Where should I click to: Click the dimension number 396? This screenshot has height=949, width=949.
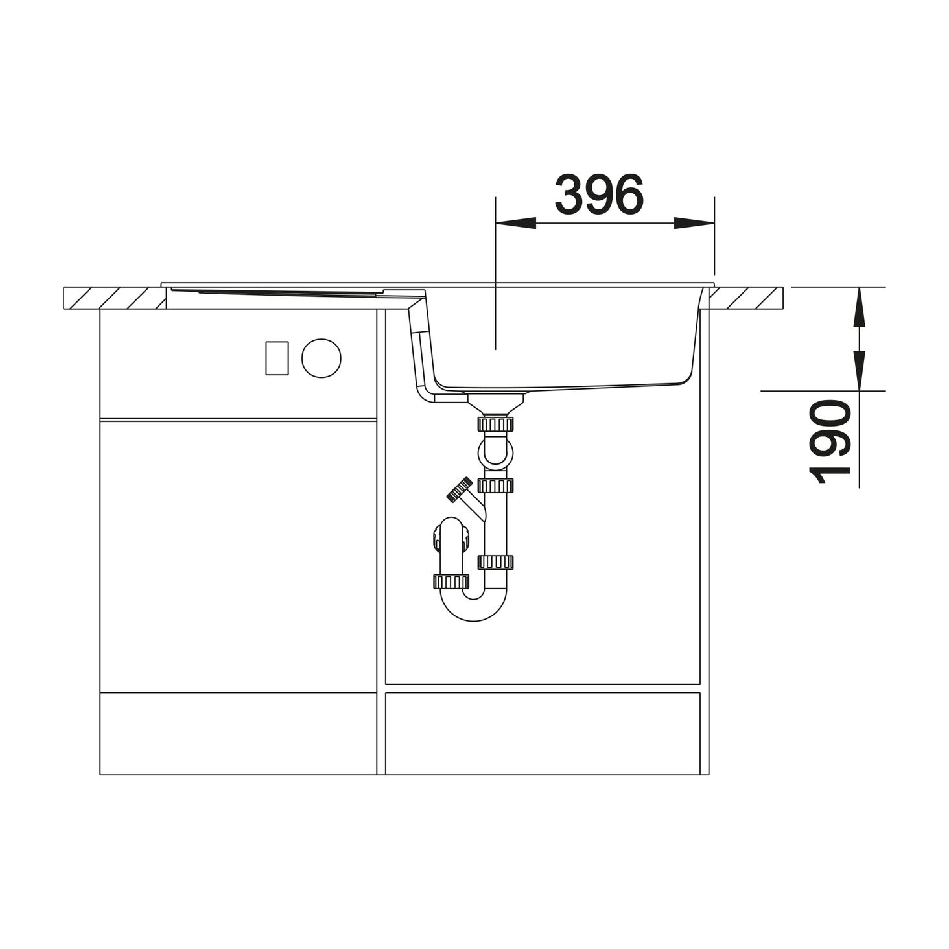(x=599, y=194)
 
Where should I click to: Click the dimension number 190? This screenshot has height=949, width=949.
(x=830, y=441)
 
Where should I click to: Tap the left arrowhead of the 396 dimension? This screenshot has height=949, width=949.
(x=515, y=223)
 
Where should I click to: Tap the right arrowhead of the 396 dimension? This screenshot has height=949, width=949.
(x=694, y=223)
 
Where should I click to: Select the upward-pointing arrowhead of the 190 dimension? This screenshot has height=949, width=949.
(x=860, y=307)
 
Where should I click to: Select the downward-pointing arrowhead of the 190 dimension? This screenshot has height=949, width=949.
(x=860, y=370)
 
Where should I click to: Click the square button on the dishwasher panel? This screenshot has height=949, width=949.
(x=277, y=358)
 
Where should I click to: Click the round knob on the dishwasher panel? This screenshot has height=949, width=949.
(x=321, y=358)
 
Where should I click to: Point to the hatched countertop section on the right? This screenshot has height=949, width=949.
(x=745, y=298)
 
